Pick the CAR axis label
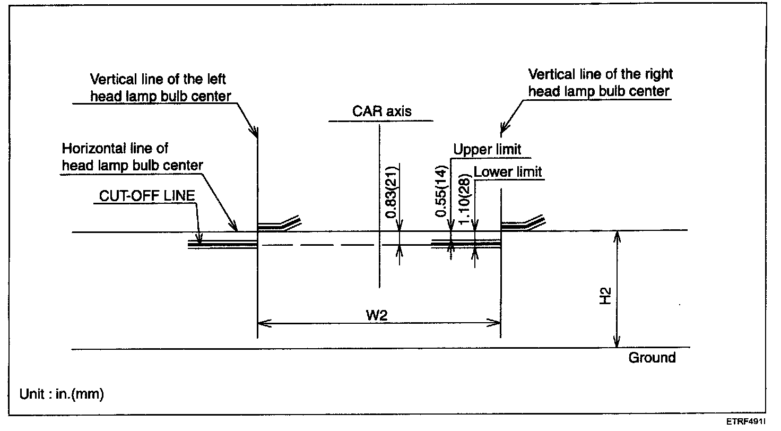tap(381, 111)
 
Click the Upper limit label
tap(487, 150)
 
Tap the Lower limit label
tap(508, 172)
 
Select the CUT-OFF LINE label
tap(147, 196)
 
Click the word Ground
tap(652, 358)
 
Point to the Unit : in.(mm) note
tap(62, 394)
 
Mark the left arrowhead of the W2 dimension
tap(261, 322)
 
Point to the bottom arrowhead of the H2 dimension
tap(617, 344)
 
